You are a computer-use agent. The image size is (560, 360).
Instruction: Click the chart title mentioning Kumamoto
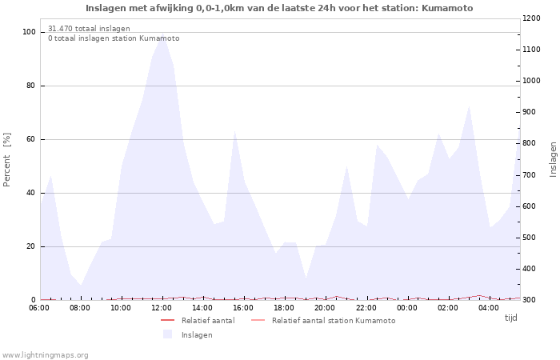[279, 8]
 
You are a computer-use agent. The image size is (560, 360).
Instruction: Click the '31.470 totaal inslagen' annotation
[89, 29]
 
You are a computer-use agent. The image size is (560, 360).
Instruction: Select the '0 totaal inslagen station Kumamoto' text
[114, 38]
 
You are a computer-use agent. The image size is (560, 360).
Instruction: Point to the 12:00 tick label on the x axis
[162, 308]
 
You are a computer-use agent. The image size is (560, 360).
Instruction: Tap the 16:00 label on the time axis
[243, 308]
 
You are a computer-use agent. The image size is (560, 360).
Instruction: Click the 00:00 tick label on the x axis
[406, 308]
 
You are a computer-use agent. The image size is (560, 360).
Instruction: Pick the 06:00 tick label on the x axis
[41, 308]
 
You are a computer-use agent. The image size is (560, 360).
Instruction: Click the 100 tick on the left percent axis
[29, 32]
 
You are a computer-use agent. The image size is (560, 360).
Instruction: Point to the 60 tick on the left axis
[31, 139]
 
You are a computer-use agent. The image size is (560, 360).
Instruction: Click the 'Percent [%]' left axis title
[7, 160]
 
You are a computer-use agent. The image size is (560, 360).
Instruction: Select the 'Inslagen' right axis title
[553, 158]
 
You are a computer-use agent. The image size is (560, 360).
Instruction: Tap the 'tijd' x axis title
[510, 318]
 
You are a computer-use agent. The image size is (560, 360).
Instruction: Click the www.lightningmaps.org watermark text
[46, 355]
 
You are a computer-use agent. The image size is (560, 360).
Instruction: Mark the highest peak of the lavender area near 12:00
[162, 35]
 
